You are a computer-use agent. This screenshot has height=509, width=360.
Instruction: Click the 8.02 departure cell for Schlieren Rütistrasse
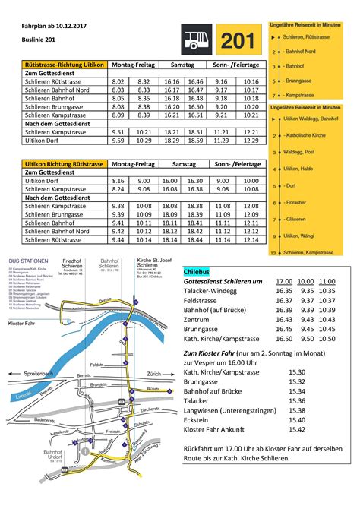[118, 80]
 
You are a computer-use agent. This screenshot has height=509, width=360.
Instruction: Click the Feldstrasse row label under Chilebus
[203, 301]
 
